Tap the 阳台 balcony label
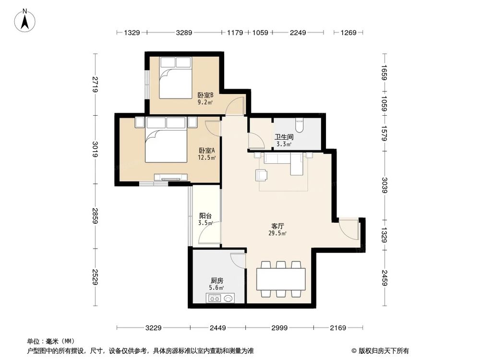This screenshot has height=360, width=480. tap(205, 216)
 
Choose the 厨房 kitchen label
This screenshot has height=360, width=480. tap(216, 281)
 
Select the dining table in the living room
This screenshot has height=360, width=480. tap(281, 279)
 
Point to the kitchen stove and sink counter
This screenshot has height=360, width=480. tap(221, 299)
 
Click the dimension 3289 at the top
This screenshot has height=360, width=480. tap(184, 33)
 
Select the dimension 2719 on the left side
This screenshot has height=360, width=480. tap(96, 84)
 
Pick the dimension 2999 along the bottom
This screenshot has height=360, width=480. tap(279, 328)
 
